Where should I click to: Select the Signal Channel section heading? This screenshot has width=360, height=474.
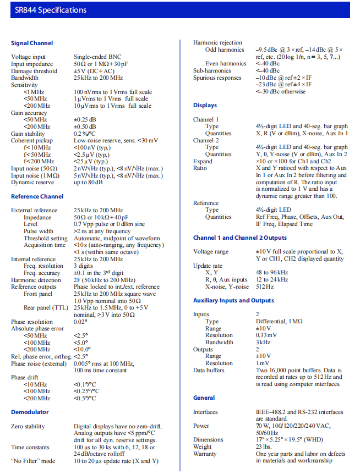click(x=32, y=43)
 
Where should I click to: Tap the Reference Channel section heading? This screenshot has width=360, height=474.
click(x=37, y=196)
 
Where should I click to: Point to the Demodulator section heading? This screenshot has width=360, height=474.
click(x=30, y=412)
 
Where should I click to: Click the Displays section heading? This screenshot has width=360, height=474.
click(x=205, y=105)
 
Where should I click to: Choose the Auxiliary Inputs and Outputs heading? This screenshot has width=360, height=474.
click(x=233, y=300)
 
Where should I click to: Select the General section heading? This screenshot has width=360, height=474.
click(x=204, y=398)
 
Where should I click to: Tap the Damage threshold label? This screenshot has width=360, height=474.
click(x=34, y=71)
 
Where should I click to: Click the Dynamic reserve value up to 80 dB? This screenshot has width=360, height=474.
click(x=90, y=183)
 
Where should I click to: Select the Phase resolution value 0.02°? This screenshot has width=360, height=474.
click(x=81, y=322)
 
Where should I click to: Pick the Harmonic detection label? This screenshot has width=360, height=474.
click(x=36, y=280)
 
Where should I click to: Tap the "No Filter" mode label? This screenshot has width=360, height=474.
click(x=33, y=461)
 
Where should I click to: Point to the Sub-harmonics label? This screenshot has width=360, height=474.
click(x=213, y=70)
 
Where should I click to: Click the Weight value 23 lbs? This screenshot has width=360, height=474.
click(x=265, y=447)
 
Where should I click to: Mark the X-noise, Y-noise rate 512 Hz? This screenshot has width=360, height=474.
click(x=265, y=286)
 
